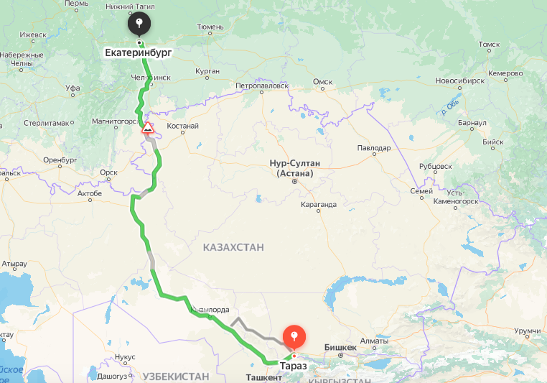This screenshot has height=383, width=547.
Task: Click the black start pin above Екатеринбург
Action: coord(139,24)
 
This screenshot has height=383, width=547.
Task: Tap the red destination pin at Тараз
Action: coord(294,336)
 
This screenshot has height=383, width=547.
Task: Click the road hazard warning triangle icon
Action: coord(147,128)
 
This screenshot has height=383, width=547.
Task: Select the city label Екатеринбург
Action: coord(139,53)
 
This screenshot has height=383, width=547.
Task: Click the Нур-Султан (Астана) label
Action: coord(294,168)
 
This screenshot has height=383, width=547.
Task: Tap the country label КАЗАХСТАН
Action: coord(233,247)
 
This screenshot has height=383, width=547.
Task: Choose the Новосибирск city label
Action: coord(455,81)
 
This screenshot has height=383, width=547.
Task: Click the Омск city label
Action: coord(323,81)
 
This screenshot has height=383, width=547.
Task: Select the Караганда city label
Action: coord(319,205)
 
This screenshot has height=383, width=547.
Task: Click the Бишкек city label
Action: coord(340,348)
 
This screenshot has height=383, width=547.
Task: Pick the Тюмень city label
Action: coord(210,27)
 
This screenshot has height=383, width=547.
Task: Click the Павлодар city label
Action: coord(373,148)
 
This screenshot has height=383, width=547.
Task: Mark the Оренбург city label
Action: coord(60,160)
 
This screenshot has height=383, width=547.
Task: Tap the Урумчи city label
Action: coord(527,331)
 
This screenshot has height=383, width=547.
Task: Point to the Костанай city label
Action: coord(182,126)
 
